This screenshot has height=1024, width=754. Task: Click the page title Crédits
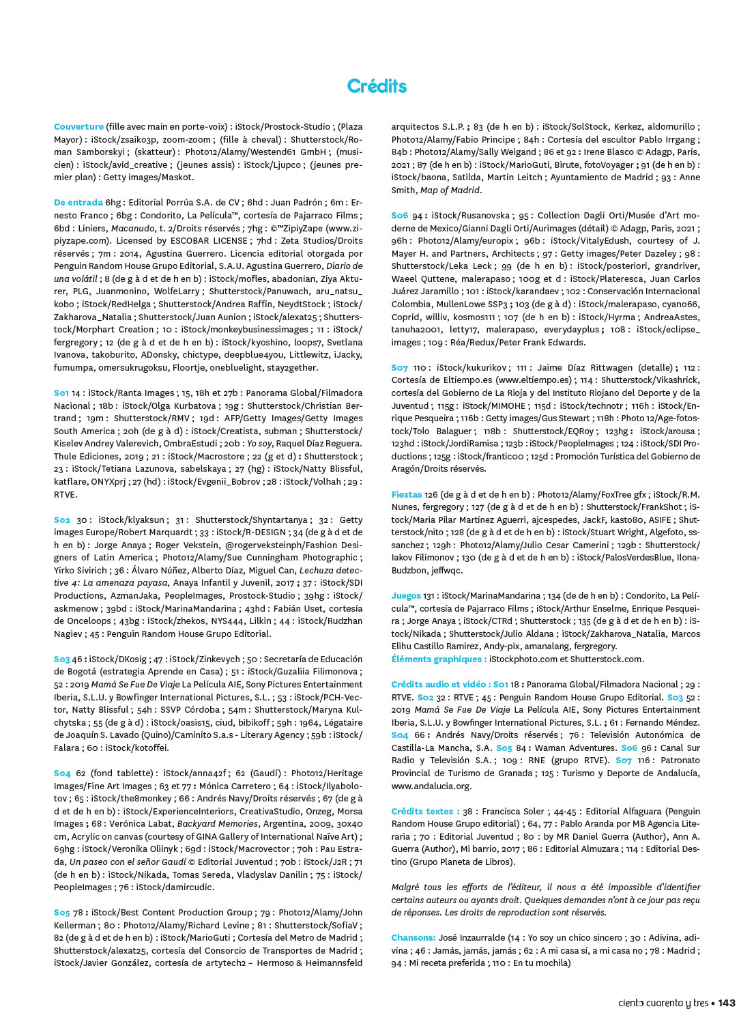point(377,86)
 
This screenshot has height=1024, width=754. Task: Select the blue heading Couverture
point(78,127)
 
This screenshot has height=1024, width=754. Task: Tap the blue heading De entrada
point(78,203)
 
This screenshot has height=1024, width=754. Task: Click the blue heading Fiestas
point(407,495)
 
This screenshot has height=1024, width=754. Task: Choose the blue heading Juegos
point(406,596)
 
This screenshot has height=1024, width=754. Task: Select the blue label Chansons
point(413,938)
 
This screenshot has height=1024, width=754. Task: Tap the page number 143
point(727,1003)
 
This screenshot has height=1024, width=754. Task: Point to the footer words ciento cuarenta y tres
point(663,1003)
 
